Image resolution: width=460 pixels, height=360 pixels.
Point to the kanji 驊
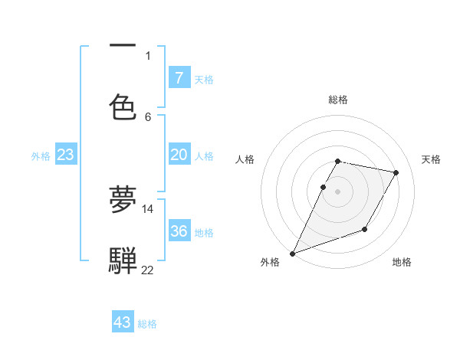[x=123, y=260]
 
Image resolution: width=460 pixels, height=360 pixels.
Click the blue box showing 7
[x=179, y=77]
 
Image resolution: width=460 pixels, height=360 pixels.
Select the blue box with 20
[x=179, y=155]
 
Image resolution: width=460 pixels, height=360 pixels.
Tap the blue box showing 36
[x=179, y=231]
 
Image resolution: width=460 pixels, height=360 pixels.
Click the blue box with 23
[x=65, y=155]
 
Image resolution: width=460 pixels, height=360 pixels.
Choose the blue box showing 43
[x=123, y=322]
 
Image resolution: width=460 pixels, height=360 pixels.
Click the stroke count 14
[x=147, y=208]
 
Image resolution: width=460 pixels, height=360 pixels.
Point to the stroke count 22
[x=147, y=270]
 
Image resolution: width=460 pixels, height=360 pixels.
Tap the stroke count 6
[x=148, y=116]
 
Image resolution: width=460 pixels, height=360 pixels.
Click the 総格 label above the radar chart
[x=338, y=100]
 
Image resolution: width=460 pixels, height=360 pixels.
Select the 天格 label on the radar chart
[x=431, y=159]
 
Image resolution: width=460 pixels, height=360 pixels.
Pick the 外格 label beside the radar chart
[x=270, y=262]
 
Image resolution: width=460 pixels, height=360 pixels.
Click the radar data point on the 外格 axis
[x=292, y=254]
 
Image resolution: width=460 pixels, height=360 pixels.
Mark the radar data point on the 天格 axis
[x=396, y=173]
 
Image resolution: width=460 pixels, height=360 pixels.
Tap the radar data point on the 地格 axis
[x=365, y=229]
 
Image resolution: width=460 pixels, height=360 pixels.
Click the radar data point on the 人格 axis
[x=323, y=187]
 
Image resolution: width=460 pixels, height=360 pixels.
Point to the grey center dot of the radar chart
[x=337, y=191]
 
